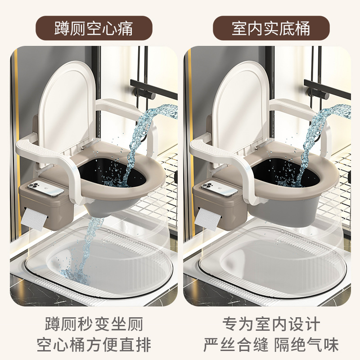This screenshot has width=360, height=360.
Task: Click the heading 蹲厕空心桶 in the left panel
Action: pos(94,28)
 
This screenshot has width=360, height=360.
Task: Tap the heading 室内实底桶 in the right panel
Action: pos(271,28)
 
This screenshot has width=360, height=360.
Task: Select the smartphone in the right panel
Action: pos(220,188)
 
